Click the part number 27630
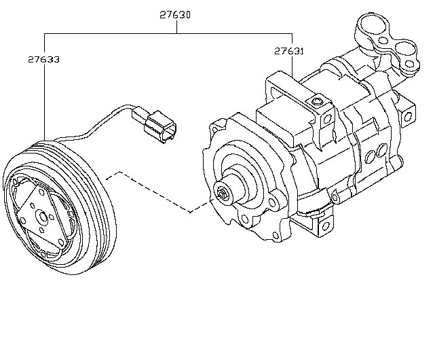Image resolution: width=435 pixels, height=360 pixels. pos(176,12)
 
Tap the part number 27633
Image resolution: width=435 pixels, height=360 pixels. pos(43,60)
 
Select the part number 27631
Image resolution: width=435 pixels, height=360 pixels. pos(289,51)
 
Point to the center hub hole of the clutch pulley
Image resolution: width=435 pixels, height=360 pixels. pos(42,218)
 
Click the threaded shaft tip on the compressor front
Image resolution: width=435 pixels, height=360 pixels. pos(222,194)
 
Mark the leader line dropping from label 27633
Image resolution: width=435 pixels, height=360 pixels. pos(44,102)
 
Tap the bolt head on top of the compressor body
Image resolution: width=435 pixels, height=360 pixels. pos(316,103)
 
